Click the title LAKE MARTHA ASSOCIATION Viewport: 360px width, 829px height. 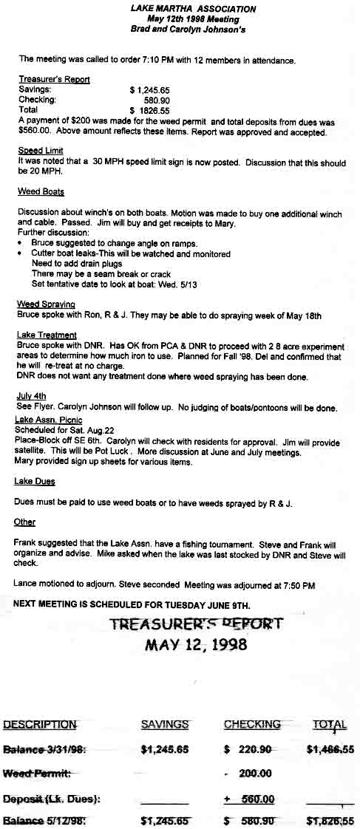tap(194, 9)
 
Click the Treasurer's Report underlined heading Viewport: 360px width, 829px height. tap(54, 79)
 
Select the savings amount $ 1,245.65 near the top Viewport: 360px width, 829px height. tap(154, 89)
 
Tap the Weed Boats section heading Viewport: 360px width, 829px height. tap(41, 192)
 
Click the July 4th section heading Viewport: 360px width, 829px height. tap(31, 396)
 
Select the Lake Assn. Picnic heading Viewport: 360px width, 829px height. tap(49, 420)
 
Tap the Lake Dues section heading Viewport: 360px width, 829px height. tap(35, 482)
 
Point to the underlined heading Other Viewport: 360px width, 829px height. tap(25, 522)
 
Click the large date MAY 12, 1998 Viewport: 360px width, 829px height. tap(196, 644)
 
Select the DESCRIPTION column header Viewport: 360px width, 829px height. tap(40, 725)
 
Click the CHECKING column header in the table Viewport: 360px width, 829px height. tap(253, 725)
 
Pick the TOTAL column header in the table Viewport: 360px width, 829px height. tap(330, 725)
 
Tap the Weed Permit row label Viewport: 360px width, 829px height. tap(37, 774)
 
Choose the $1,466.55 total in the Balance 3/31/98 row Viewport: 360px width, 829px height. tap(330, 749)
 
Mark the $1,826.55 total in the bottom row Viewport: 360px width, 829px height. tap(330, 821)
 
